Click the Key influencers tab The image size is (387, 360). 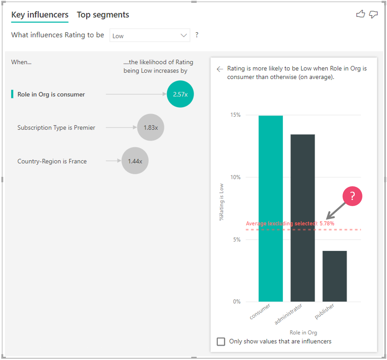tap(40, 15)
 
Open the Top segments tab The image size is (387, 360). tap(103, 15)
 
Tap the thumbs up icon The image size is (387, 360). tap(360, 14)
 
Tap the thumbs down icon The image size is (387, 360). tap(373, 14)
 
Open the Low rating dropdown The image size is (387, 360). tap(150, 36)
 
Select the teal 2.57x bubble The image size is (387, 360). tap(180, 94)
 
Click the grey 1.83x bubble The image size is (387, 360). tap(151, 127)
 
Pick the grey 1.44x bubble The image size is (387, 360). tap(135, 161)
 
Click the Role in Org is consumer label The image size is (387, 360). tap(51, 94)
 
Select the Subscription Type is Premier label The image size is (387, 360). tap(56, 128)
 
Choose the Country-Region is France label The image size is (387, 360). tap(52, 161)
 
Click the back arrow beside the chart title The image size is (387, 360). tap(220, 69)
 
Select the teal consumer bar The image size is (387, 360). tap(271, 208)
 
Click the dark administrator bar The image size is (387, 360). tap(303, 218)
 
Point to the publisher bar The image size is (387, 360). tap(335, 276)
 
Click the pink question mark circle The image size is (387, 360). tap(352, 196)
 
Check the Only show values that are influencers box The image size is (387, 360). tap(221, 341)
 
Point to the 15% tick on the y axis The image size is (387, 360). tap(235, 115)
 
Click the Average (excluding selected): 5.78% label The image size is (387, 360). tap(290, 223)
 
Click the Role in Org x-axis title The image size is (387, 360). tap(303, 332)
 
